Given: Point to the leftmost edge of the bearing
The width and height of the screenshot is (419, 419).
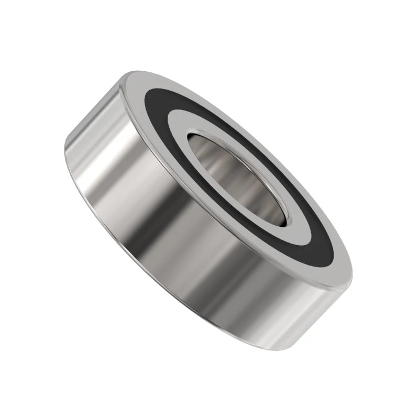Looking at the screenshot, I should pyautogui.click(x=64, y=152).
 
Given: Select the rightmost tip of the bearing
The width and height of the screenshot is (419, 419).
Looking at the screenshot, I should pyautogui.click(x=352, y=272).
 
